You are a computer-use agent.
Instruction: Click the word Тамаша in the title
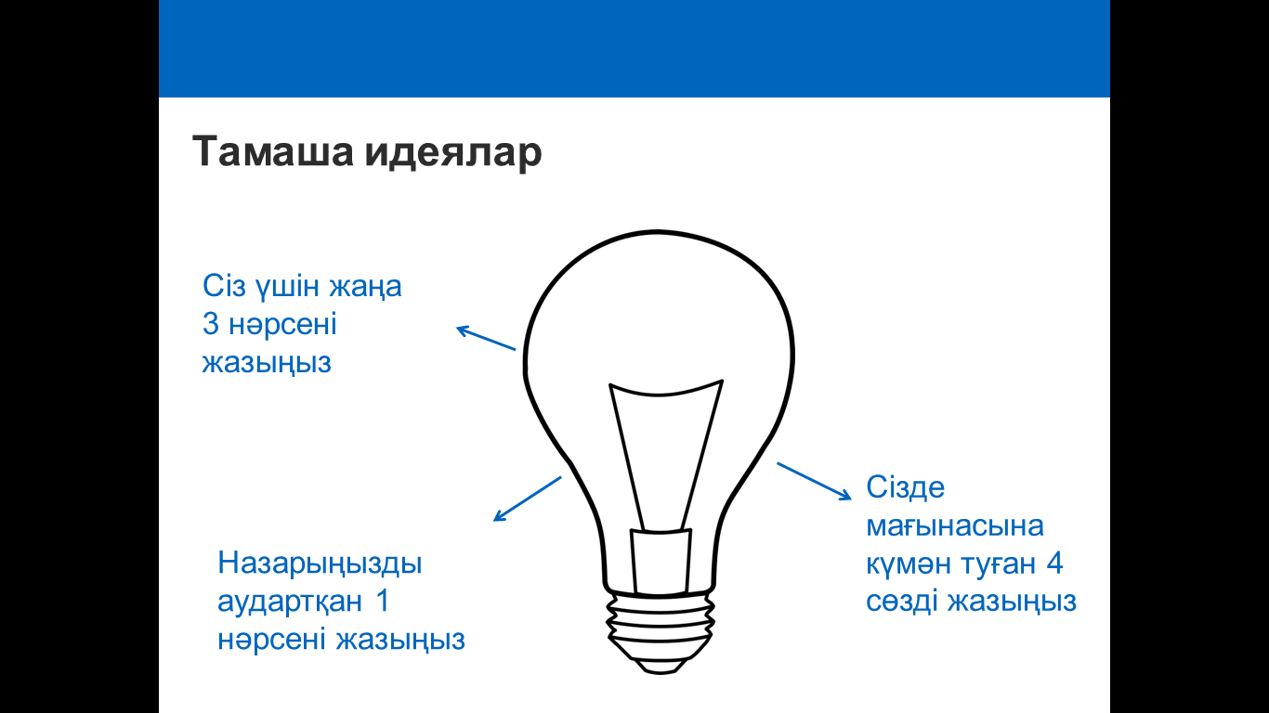pos(273,151)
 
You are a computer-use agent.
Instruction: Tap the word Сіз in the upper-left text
pos(224,286)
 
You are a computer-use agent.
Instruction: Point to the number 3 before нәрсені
pos(211,325)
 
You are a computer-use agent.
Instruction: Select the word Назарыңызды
pos(320,564)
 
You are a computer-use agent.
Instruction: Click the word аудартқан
pos(290,602)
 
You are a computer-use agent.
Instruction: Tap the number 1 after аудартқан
pos(383,601)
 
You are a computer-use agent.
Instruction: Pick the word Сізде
pos(905,488)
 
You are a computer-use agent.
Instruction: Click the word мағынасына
pos(955,526)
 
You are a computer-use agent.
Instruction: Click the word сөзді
pos(902,602)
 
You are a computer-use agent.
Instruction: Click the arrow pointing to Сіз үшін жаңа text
pos(486,338)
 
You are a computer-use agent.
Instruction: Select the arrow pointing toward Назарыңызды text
pos(527,499)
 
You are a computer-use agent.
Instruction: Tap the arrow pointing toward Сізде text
pos(814,482)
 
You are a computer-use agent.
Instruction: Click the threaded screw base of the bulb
pos(660,629)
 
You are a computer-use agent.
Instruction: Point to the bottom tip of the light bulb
pos(660,673)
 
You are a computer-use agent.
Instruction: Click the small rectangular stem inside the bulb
pos(661,562)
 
